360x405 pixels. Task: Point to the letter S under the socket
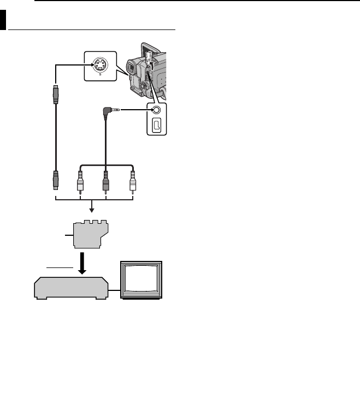pos(99,74)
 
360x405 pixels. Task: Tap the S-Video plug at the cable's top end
pos(56,93)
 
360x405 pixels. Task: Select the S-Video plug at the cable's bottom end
pos(56,180)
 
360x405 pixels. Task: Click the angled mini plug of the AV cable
pos(107,113)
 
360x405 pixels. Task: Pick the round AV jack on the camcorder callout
pos(157,109)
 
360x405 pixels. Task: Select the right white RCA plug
pos(132,181)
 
